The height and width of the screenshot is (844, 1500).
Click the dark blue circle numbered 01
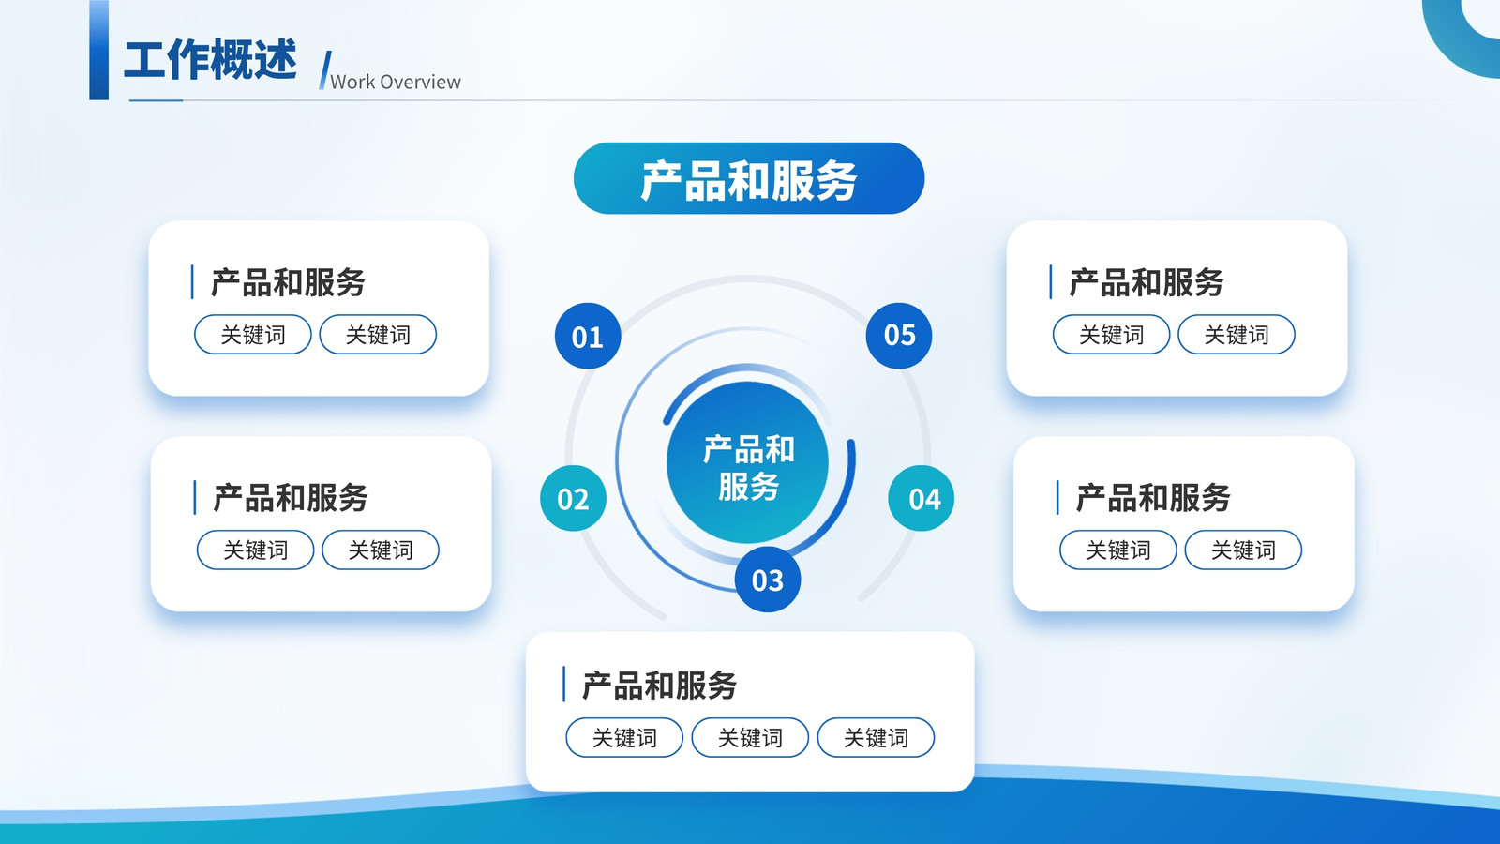[x=588, y=336]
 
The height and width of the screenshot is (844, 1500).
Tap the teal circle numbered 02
[x=573, y=498]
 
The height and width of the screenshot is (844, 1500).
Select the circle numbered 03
[x=768, y=580]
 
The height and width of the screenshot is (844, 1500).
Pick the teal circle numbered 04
[x=922, y=498]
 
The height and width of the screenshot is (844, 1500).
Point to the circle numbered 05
[x=899, y=335]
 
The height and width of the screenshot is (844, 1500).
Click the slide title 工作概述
[x=210, y=60]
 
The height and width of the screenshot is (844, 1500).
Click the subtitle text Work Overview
[x=395, y=82]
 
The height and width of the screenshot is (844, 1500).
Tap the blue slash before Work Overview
[x=324, y=69]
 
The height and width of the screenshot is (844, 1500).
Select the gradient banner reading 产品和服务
[x=749, y=178]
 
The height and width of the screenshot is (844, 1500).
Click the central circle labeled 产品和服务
[x=748, y=462]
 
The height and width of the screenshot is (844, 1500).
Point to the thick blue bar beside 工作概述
[x=99, y=51]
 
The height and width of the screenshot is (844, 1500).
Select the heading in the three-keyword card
[x=660, y=686]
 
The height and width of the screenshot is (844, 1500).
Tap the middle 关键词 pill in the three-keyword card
[x=750, y=737]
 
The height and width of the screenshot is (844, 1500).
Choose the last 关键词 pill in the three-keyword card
[x=876, y=737]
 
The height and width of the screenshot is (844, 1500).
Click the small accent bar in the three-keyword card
[x=563, y=684]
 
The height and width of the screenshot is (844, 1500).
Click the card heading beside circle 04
[x=1153, y=498]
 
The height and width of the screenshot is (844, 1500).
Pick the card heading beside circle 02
[x=291, y=498]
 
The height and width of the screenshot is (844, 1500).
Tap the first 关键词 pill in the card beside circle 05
[x=1112, y=334]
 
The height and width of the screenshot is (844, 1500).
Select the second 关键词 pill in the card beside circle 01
[x=379, y=334]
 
